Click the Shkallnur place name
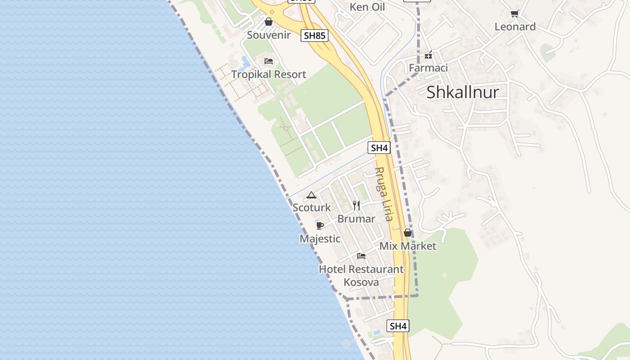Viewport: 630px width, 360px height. pyautogui.click(x=463, y=92)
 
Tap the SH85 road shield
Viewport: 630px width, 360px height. pyautogui.click(x=315, y=36)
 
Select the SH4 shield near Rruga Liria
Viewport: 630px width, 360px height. pyautogui.click(x=379, y=148)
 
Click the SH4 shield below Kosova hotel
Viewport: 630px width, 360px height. pyautogui.click(x=398, y=326)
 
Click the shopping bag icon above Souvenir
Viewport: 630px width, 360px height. pyautogui.click(x=269, y=22)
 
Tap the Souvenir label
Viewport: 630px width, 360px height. pyautogui.click(x=269, y=35)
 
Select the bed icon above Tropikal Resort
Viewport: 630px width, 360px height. pyautogui.click(x=269, y=61)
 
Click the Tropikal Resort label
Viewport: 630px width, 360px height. pyautogui.click(x=269, y=74)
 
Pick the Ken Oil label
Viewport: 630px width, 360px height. pyautogui.click(x=367, y=7)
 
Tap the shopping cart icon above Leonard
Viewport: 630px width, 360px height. pyautogui.click(x=515, y=14)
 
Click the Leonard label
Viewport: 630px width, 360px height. pyautogui.click(x=515, y=27)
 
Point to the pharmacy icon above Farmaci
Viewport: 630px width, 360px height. pyautogui.click(x=428, y=55)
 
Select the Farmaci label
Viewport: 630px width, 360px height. pyautogui.click(x=428, y=68)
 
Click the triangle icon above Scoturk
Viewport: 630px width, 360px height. pyautogui.click(x=311, y=195)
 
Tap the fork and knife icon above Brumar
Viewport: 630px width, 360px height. pyautogui.click(x=356, y=206)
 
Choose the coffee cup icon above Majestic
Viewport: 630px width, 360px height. pyautogui.click(x=320, y=225)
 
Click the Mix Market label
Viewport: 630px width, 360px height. pyautogui.click(x=408, y=246)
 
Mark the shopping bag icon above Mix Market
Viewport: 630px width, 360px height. pyautogui.click(x=408, y=233)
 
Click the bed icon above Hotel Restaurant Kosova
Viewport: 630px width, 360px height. pyautogui.click(x=361, y=256)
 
